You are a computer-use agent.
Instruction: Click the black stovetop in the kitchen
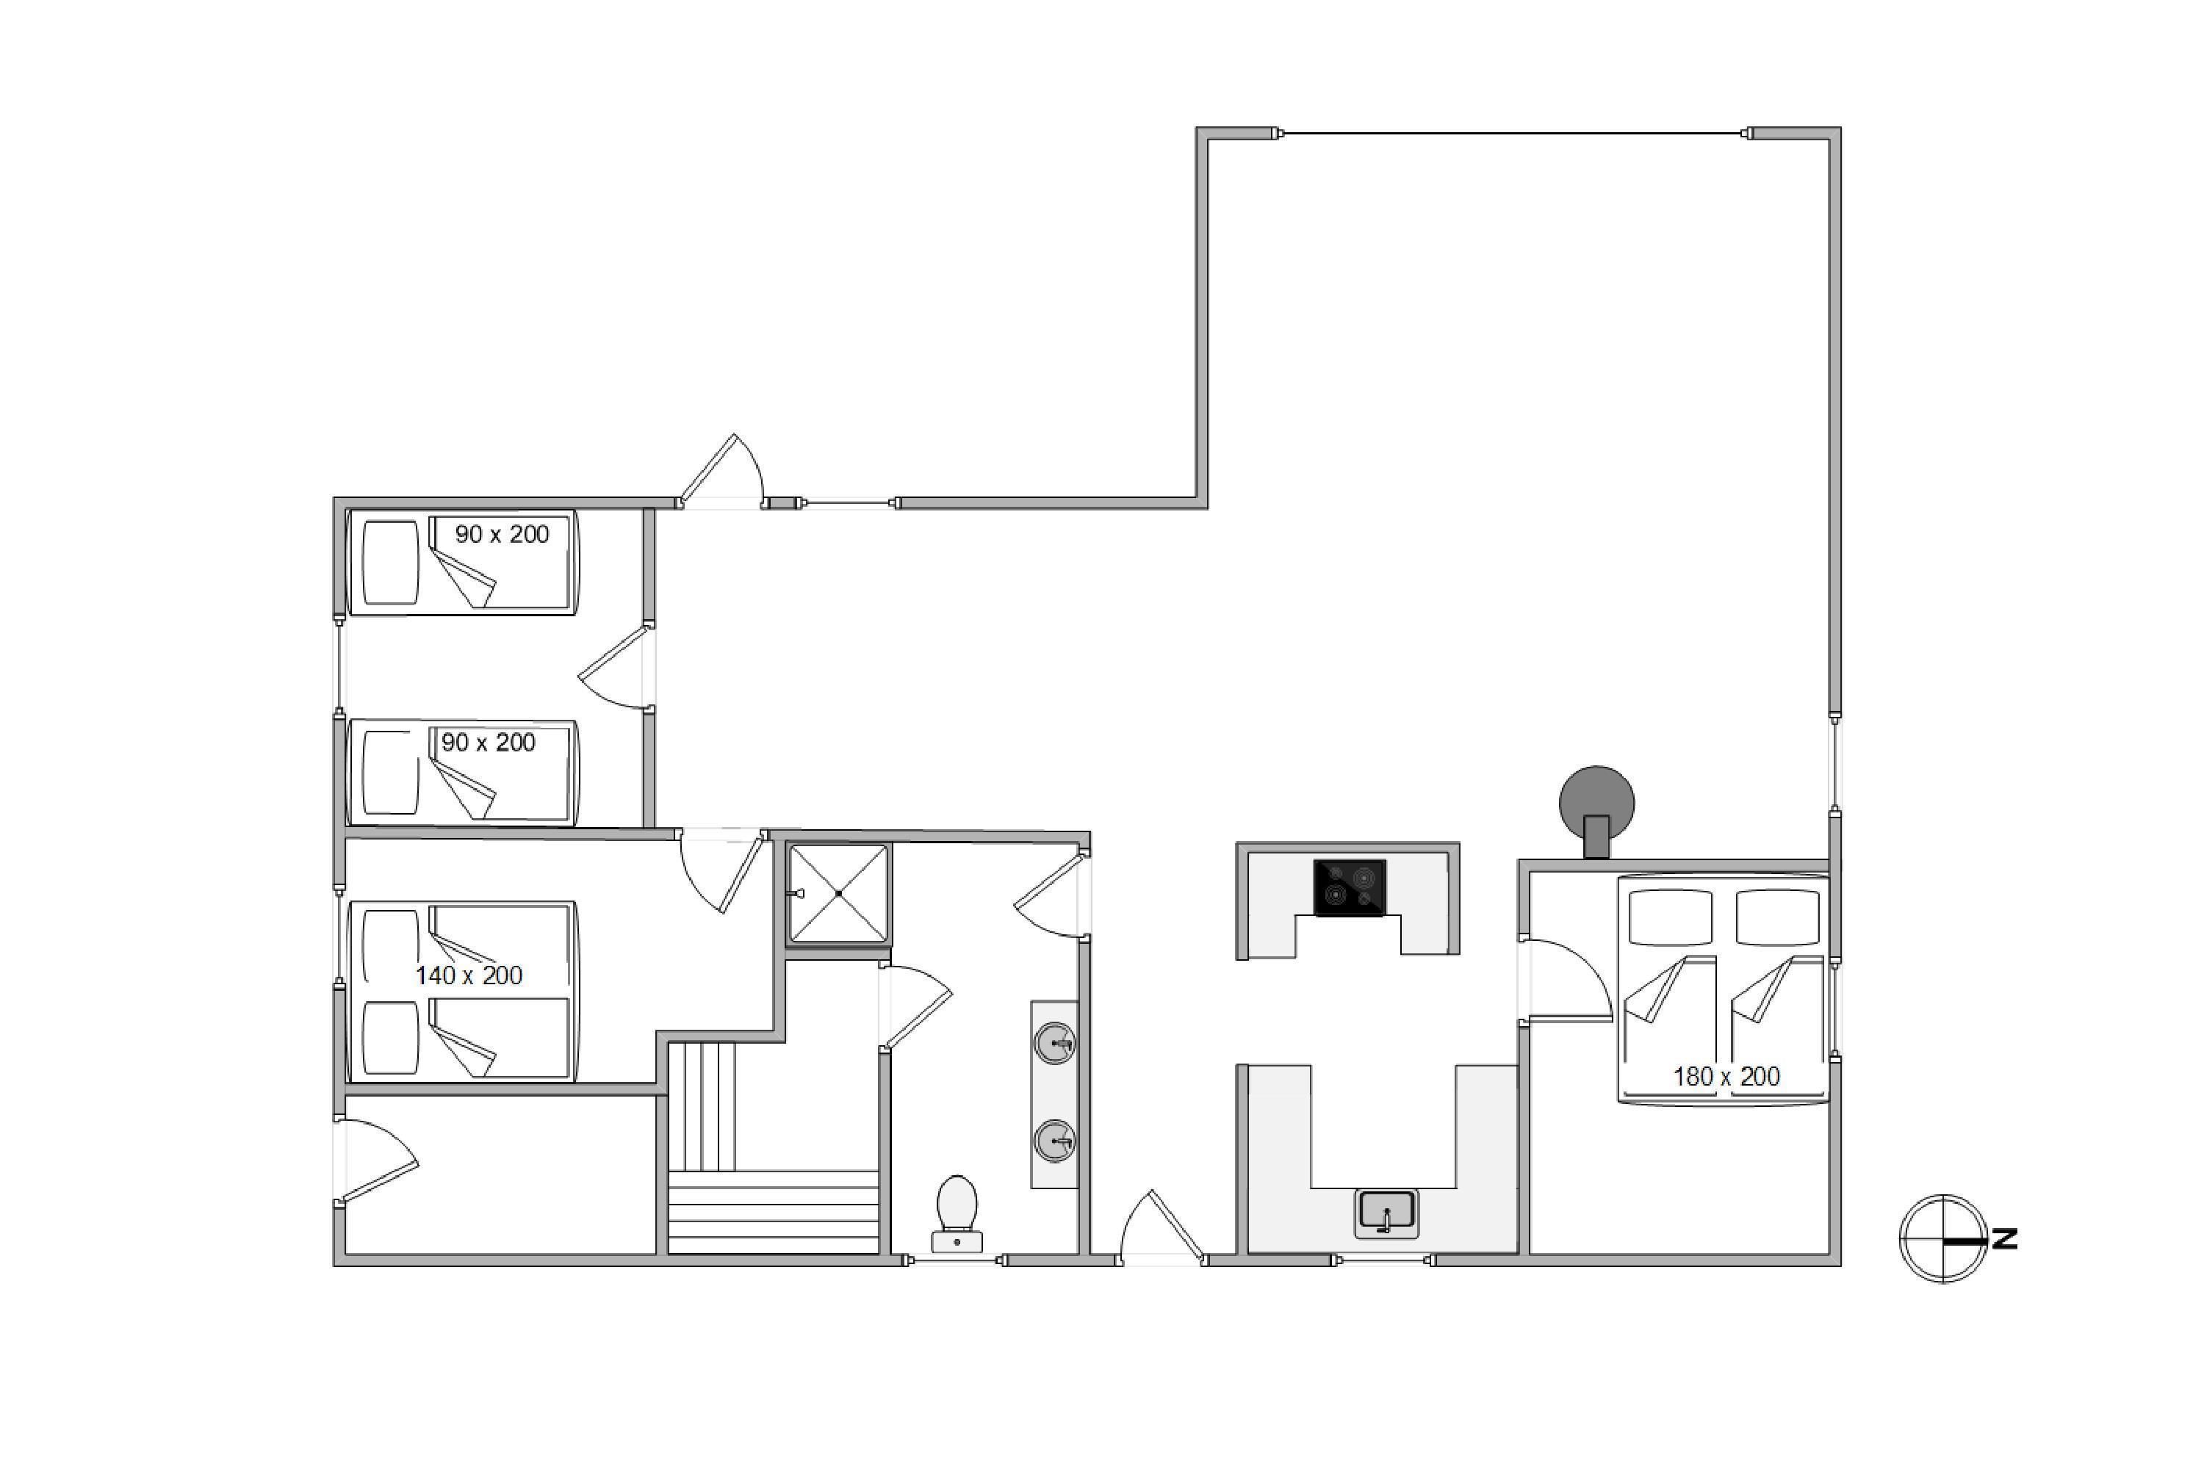1350,887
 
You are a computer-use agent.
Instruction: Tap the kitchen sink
1387,1213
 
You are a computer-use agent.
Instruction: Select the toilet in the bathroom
957,1213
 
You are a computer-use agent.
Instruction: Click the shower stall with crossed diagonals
839,893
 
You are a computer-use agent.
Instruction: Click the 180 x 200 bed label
1726,1077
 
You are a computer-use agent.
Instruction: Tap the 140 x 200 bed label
469,975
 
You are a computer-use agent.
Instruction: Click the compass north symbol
1942,1238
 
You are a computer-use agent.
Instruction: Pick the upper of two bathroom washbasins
1055,1044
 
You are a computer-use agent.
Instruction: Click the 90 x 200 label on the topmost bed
503,534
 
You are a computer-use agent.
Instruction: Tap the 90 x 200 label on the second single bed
489,742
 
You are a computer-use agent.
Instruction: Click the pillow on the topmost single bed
391,562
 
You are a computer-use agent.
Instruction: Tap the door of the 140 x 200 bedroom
721,871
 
